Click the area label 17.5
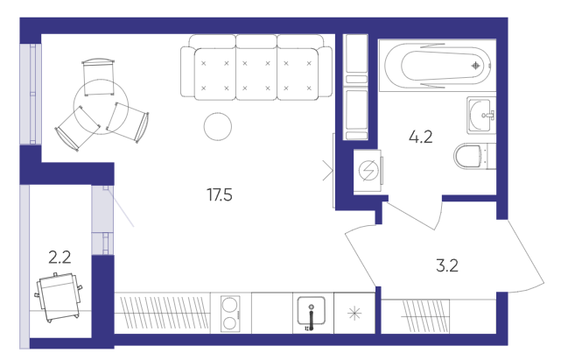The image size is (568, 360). [220, 195]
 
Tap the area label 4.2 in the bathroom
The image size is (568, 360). [421, 138]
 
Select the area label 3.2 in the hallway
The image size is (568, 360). [447, 265]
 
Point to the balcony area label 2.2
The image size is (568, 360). [60, 258]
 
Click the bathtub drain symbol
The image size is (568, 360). [475, 66]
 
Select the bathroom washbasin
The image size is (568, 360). [481, 116]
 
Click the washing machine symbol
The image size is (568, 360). [368, 171]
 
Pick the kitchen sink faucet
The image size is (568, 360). [311, 317]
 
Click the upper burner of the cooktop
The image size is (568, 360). [230, 306]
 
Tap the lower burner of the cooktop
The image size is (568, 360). [230, 322]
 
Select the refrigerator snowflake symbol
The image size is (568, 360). [354, 314]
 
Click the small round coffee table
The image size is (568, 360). [218, 126]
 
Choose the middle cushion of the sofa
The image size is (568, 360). [256, 74]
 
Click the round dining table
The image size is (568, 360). [101, 107]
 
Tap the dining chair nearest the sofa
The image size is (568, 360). [129, 122]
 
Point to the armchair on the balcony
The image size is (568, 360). [59, 297]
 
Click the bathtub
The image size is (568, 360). [438, 66]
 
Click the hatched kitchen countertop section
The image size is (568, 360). [163, 313]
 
